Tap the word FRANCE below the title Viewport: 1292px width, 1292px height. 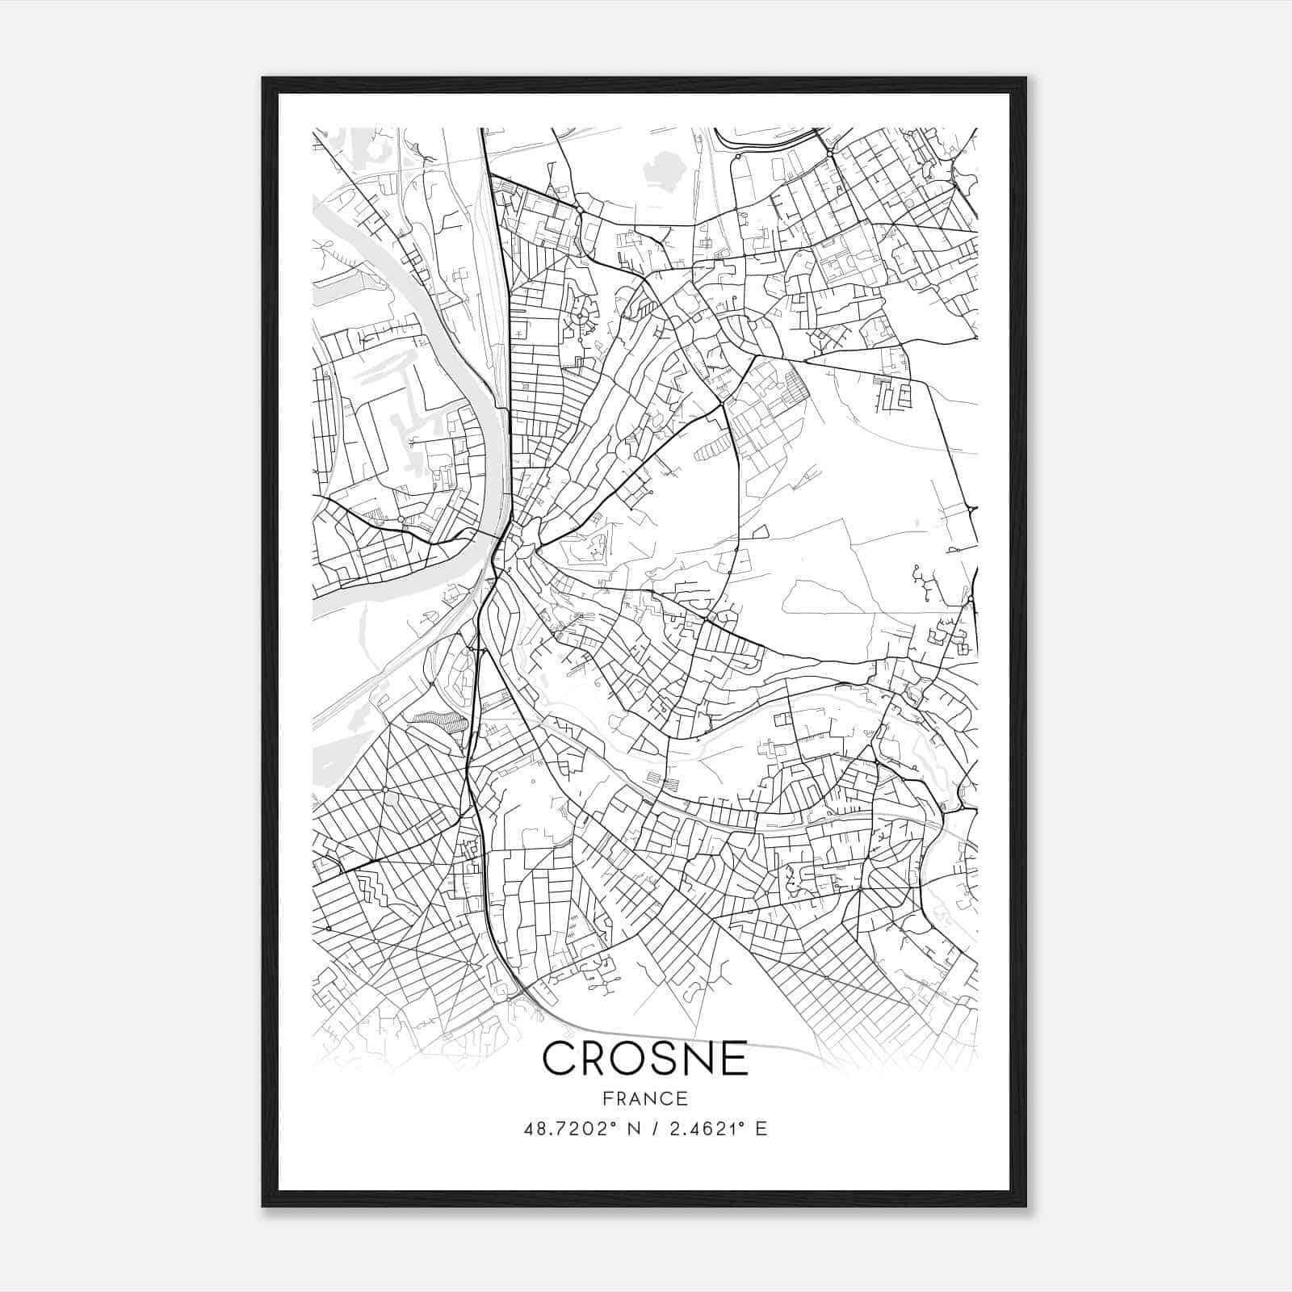(x=645, y=1099)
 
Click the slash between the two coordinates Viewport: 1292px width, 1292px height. (x=651, y=1129)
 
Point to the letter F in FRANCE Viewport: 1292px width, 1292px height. (x=606, y=1099)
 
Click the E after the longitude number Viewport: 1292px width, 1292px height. (x=761, y=1129)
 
